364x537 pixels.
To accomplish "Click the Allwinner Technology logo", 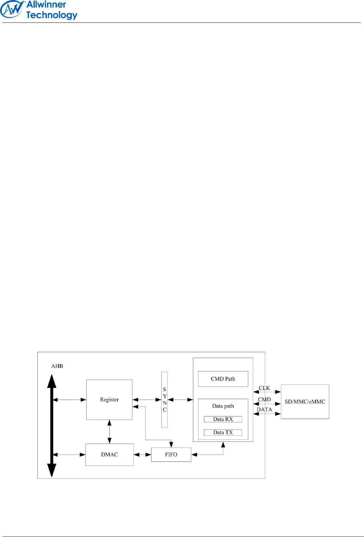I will click(39, 10).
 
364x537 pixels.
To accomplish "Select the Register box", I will click(109, 400).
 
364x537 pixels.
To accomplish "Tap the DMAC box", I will click(109, 454).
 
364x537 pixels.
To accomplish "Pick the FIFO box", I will click(171, 454).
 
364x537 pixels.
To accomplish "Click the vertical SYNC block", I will click(164, 400).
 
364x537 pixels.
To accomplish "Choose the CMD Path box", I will click(223, 379).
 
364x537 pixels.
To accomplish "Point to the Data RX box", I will click(223, 419).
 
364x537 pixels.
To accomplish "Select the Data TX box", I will click(223, 433).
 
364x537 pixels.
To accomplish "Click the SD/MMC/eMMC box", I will click(305, 401).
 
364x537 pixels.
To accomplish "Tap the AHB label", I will click(57, 366).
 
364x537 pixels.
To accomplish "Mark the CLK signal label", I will click(264, 388).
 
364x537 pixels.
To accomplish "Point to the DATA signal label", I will click(264, 409).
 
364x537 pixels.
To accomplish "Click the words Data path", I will click(223, 406).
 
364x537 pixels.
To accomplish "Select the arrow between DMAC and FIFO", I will click(142, 455).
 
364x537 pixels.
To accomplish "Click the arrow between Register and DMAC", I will click(109, 432).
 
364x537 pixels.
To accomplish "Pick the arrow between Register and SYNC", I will click(147, 400).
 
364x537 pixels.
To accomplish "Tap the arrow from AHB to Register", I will click(69, 400).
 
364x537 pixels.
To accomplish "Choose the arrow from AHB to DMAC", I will click(69, 455).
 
